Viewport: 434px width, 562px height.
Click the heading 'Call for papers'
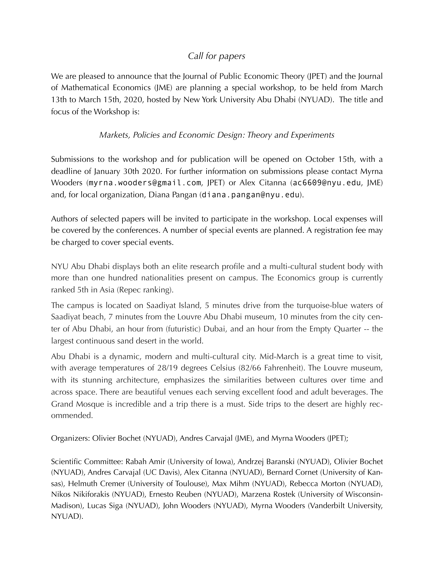(217, 56)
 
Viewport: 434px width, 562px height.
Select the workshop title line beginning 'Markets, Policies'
(217, 135)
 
